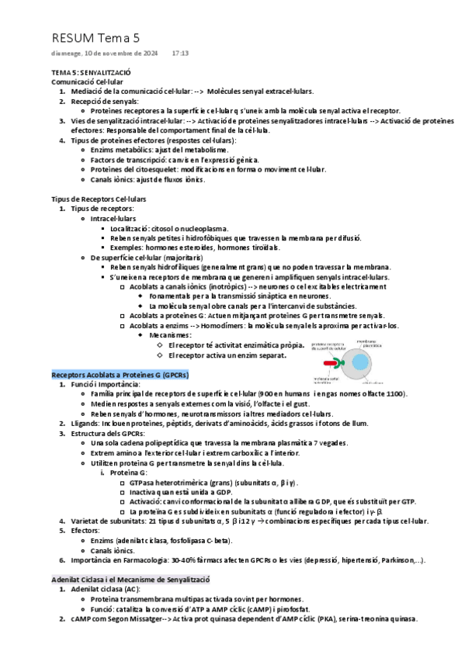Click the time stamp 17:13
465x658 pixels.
click(x=180, y=54)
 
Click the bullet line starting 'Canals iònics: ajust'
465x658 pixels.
click(x=147, y=179)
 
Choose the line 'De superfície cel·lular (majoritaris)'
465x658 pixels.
click(x=146, y=257)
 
